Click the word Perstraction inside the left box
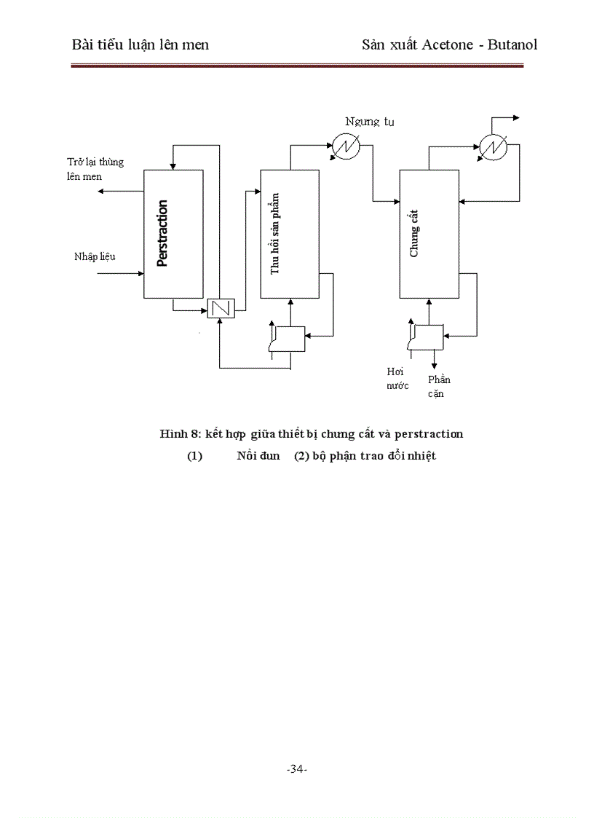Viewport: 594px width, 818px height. (x=162, y=233)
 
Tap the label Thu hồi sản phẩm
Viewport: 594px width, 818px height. (x=275, y=233)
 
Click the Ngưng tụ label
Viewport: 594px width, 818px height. (x=370, y=122)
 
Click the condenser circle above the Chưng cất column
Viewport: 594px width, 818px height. (x=493, y=147)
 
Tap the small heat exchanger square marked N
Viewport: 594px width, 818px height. (x=220, y=309)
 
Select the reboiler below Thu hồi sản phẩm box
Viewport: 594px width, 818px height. (x=288, y=338)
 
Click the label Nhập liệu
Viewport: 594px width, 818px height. (x=95, y=256)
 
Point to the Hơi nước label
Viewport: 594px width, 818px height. (x=397, y=378)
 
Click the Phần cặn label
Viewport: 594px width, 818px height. (x=438, y=387)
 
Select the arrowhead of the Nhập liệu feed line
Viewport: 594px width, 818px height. (x=140, y=274)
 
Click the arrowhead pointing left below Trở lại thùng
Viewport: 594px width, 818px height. (x=102, y=192)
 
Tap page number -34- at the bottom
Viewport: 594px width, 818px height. (x=297, y=769)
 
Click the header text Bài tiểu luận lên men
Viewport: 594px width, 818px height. (x=140, y=44)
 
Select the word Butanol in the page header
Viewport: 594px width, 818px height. (x=512, y=44)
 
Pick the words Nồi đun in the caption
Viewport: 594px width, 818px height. (x=258, y=456)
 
